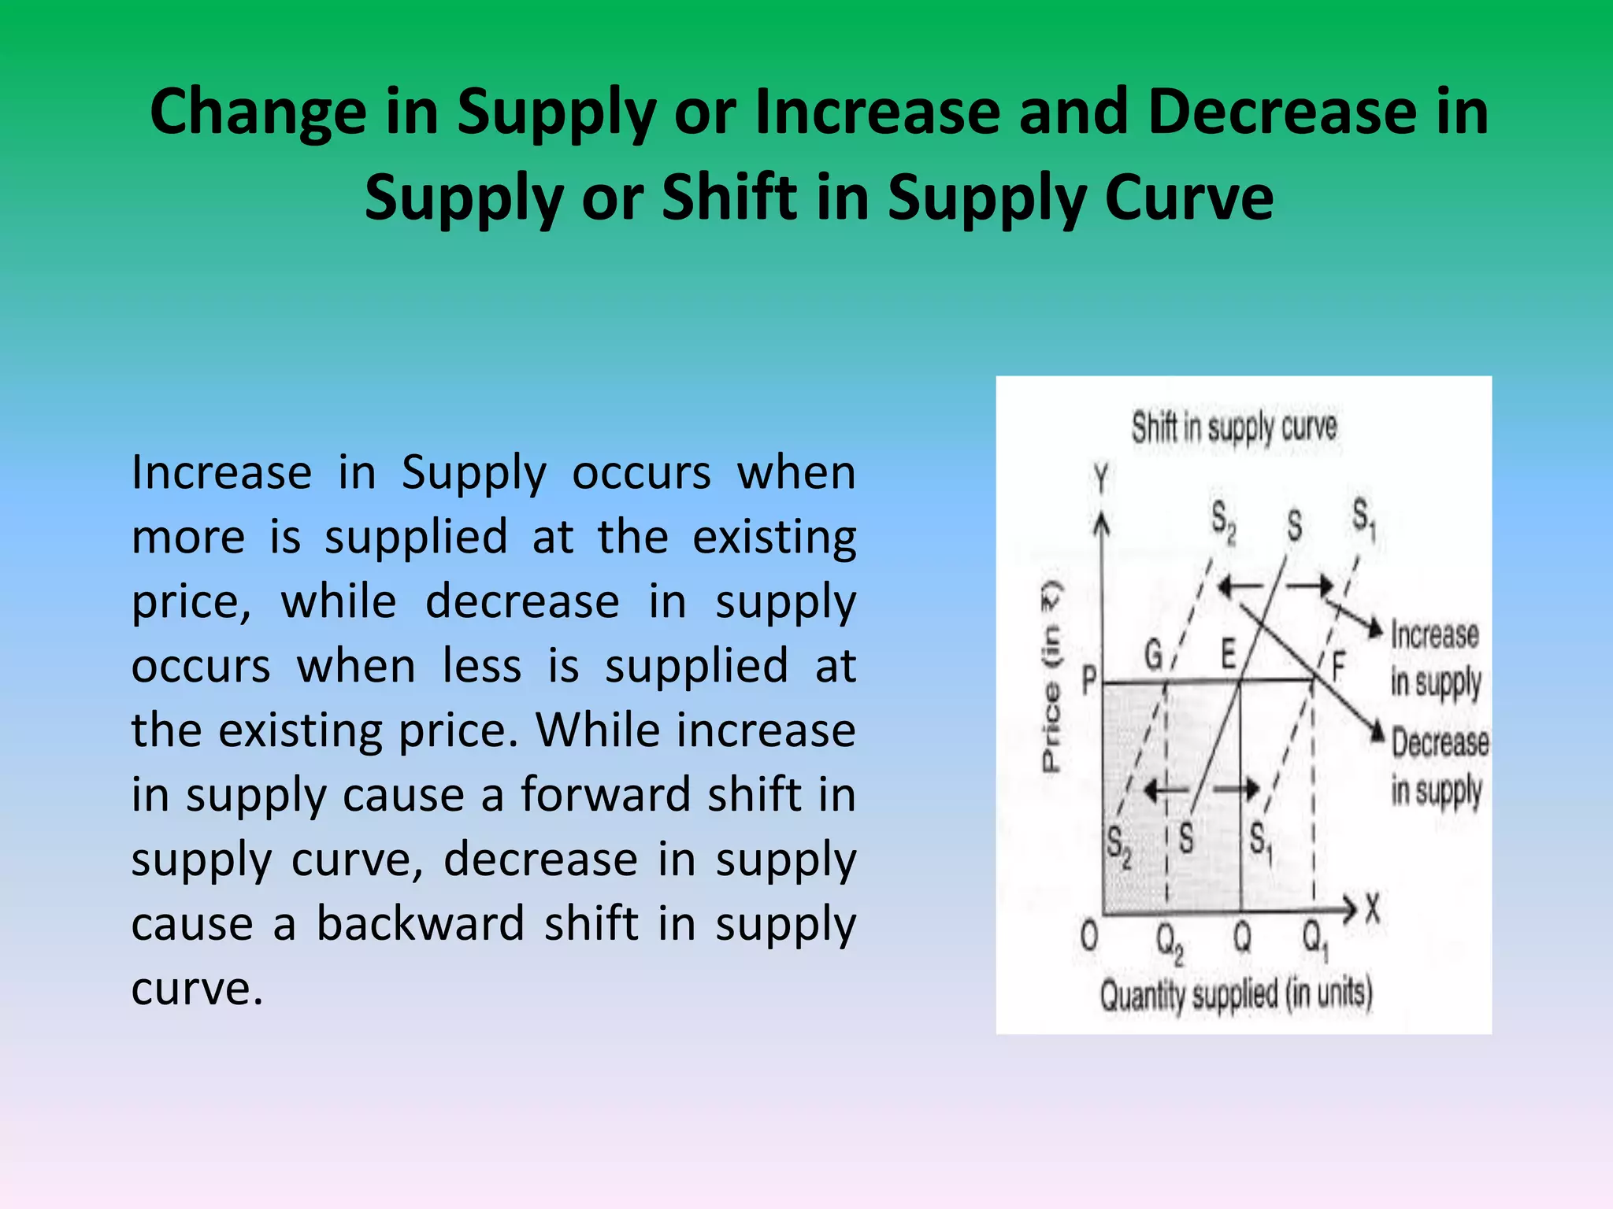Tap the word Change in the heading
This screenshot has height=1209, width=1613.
coord(258,112)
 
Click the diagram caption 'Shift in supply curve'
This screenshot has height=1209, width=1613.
coord(1234,428)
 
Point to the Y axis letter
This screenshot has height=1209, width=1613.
coord(1100,478)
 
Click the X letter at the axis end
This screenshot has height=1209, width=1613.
coord(1373,910)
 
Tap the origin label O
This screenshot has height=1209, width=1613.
coord(1089,937)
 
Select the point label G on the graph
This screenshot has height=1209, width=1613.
coord(1153,654)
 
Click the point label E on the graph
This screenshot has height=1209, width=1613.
coord(1229,653)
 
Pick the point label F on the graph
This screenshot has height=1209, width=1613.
coord(1337,666)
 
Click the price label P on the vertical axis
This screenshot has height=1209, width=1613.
coord(1089,680)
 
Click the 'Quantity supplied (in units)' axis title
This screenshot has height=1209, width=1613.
coord(1236,995)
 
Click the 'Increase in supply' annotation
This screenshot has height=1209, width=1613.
coord(1435,658)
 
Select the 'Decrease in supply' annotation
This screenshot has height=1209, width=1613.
coord(1439,766)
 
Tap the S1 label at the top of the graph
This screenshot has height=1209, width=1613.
coord(1363,519)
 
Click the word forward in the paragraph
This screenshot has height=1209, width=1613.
coord(602,794)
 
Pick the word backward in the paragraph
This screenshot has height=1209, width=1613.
coord(420,923)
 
